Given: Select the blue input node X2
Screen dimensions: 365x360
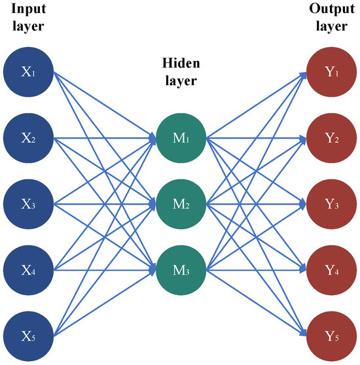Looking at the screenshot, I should click(x=28, y=138).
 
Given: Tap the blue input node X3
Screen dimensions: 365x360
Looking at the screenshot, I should click(x=28, y=204).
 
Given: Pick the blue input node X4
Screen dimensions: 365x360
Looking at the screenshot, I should click(x=28, y=270).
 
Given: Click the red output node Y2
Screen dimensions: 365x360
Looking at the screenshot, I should click(x=331, y=138).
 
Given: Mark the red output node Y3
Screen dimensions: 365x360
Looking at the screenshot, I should click(x=331, y=204).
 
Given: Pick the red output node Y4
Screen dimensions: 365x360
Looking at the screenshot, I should click(x=331, y=270).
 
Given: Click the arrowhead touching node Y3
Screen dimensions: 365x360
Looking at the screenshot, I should click(x=303, y=204).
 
